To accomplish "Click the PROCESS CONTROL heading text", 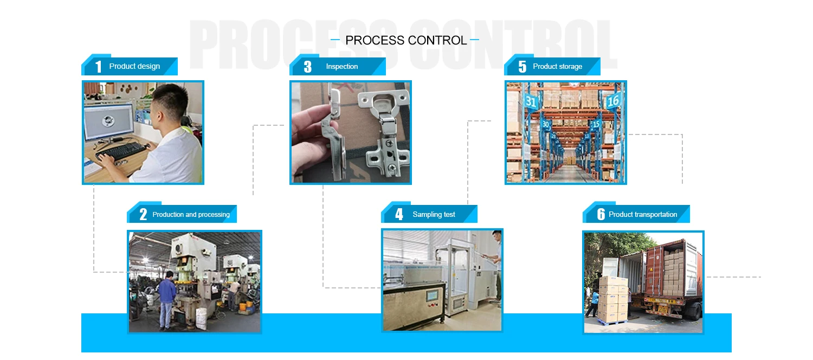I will click(x=406, y=40).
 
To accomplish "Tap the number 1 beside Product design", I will click(x=98, y=67).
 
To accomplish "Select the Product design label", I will click(x=134, y=66).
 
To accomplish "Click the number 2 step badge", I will click(x=143, y=215).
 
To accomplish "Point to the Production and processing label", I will click(x=191, y=215).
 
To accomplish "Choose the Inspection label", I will click(x=341, y=67).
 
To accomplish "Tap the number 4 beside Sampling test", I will click(x=399, y=215).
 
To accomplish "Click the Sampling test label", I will click(x=434, y=215).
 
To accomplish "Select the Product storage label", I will click(x=557, y=67).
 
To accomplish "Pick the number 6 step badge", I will click(x=601, y=215).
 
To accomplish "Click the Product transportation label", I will click(x=643, y=215).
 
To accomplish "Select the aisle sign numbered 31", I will click(x=531, y=101).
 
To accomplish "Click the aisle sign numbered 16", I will click(x=613, y=100).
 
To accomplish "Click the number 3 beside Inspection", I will click(x=307, y=67).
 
